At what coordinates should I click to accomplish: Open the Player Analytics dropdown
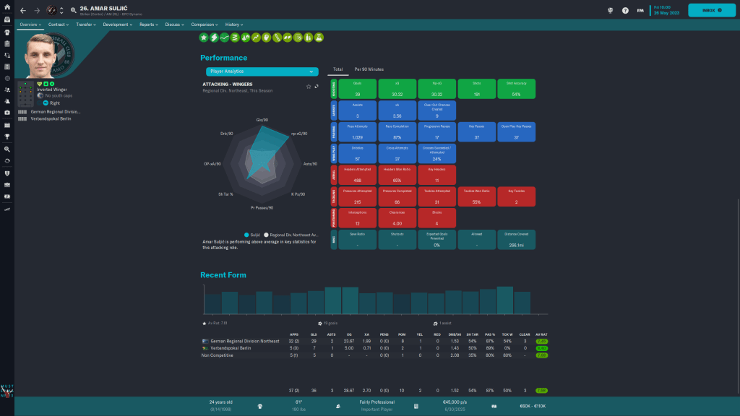point(262,71)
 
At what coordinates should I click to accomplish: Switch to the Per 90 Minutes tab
point(369,69)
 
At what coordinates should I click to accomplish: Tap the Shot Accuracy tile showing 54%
point(515,89)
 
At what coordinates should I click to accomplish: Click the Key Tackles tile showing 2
point(515,196)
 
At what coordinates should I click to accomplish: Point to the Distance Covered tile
point(515,240)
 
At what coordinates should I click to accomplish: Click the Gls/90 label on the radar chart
point(262,120)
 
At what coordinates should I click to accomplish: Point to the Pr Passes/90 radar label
point(262,208)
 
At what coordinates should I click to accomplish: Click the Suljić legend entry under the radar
point(252,235)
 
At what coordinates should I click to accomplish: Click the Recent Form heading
point(223,275)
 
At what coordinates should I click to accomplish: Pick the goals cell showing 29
point(314,340)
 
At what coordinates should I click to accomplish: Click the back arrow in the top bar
point(22,10)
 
